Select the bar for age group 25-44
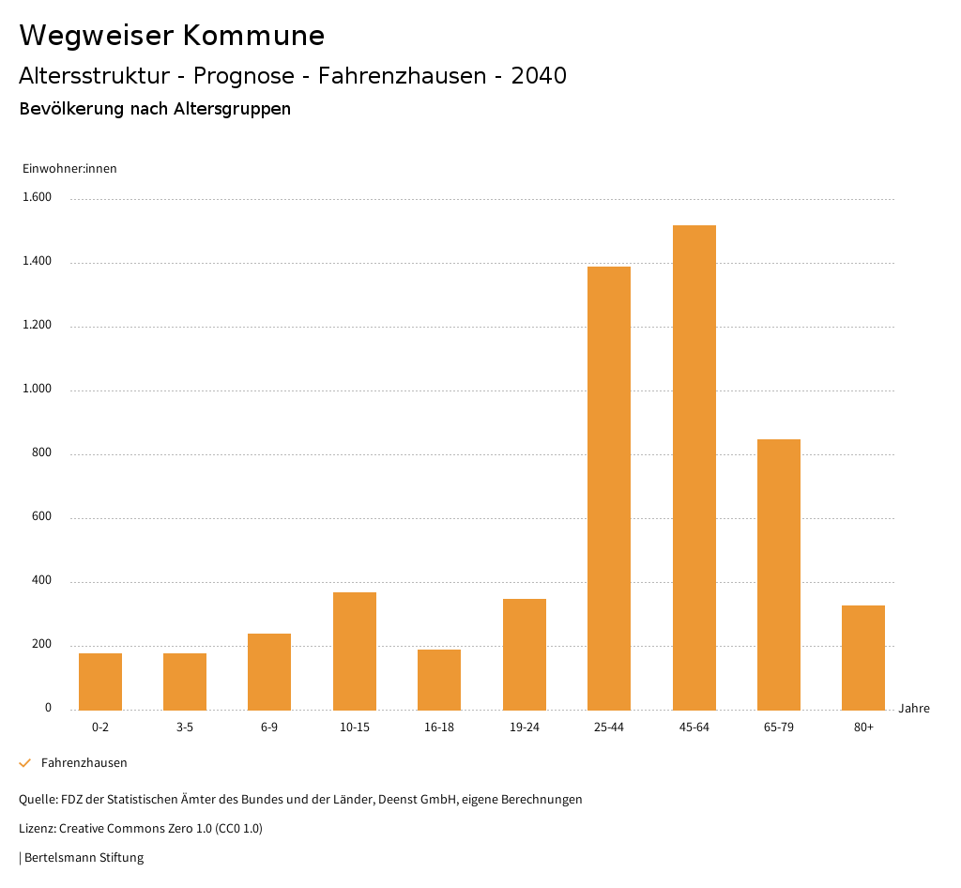click(x=609, y=488)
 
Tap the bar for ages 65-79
click(x=779, y=574)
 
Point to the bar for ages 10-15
click(x=355, y=651)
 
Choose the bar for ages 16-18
click(x=439, y=680)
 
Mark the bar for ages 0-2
click(x=100, y=681)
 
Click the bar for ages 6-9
click(x=269, y=671)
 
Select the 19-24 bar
click(x=525, y=654)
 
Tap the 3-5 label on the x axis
click(x=185, y=727)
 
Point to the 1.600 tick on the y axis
click(x=37, y=198)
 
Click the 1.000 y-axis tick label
click(x=37, y=390)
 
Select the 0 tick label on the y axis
click(x=48, y=709)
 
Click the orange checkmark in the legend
click(x=25, y=763)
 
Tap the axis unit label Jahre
click(x=914, y=709)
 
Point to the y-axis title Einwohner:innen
click(x=69, y=169)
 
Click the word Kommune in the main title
click(x=253, y=36)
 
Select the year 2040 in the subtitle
click(x=539, y=76)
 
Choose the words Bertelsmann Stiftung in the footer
click(x=84, y=858)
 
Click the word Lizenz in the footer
click(x=37, y=829)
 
